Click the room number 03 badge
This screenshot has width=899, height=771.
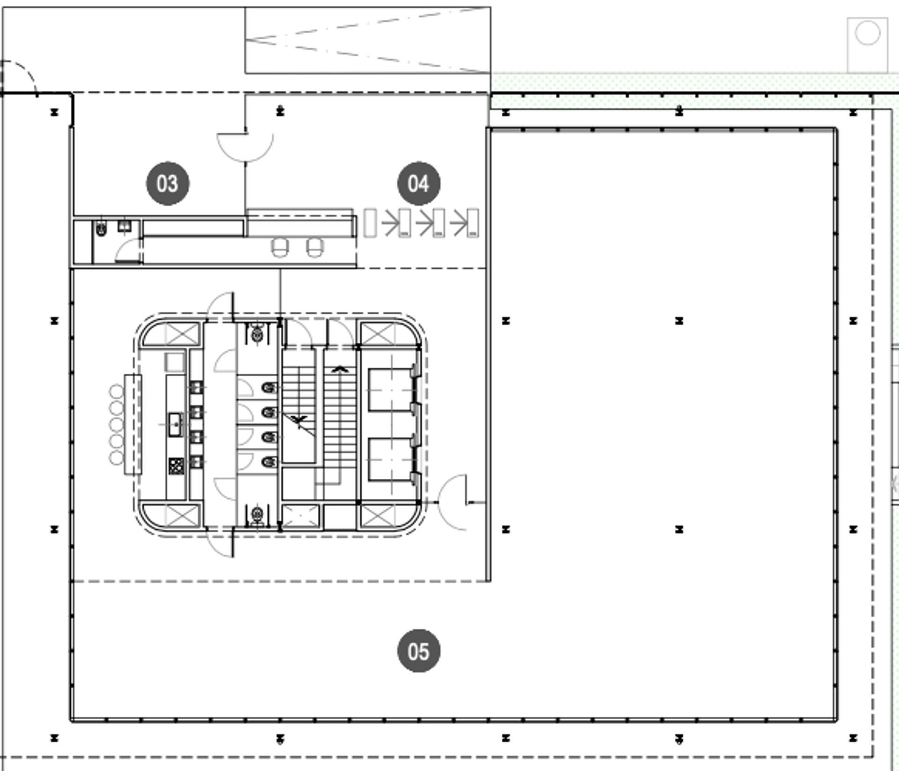pyautogui.click(x=168, y=183)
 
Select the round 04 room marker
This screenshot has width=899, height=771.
pyautogui.click(x=419, y=183)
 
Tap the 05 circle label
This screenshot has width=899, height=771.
pyautogui.click(x=419, y=651)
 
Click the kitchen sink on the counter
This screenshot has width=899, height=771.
pyautogui.click(x=175, y=424)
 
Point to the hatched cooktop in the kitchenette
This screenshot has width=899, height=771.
pyautogui.click(x=176, y=466)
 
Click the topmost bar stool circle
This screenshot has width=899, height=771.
pyautogui.click(x=117, y=392)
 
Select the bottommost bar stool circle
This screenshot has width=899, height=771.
pyautogui.click(x=117, y=458)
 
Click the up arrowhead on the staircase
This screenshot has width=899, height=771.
pyautogui.click(x=339, y=370)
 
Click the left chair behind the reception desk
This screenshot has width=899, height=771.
pyautogui.click(x=280, y=247)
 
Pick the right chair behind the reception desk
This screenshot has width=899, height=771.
pyautogui.click(x=315, y=247)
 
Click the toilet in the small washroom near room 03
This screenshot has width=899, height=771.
pyautogui.click(x=101, y=229)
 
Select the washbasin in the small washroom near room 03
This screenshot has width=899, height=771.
pyautogui.click(x=124, y=226)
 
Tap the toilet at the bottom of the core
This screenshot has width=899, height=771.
pyautogui.click(x=257, y=516)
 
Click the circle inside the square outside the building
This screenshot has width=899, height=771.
pyautogui.click(x=868, y=33)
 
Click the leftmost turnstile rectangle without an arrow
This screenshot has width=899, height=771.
pyautogui.click(x=370, y=223)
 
